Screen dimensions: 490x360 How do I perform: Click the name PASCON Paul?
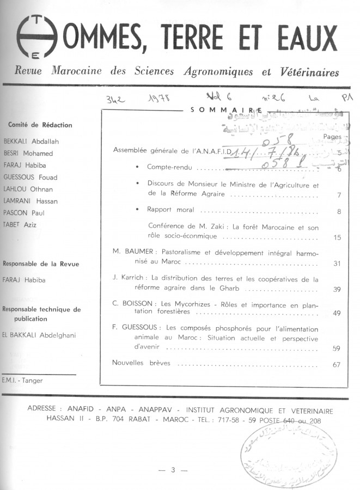pos(24,213)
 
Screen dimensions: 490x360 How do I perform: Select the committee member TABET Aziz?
pos(20,224)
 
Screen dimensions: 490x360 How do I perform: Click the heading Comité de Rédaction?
pos(40,125)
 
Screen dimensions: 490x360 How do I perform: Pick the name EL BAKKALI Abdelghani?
pos(40,335)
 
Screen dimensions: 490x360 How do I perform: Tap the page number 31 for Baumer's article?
pos(337,264)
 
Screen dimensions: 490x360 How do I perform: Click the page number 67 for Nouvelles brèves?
pos(337,364)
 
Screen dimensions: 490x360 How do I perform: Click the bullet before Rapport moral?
pos(138,209)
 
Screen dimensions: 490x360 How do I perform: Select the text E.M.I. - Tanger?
pos(23,381)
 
